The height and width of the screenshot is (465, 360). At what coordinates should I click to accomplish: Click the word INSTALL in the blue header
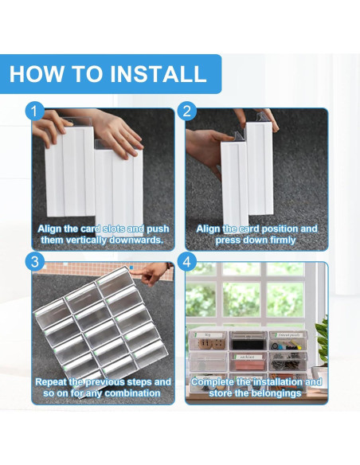pos(158,74)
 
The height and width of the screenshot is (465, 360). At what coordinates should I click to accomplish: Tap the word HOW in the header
pos(37,74)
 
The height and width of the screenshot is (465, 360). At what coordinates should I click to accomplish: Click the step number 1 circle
pos(35,111)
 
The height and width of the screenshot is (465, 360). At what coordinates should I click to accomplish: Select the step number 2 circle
pos(186,111)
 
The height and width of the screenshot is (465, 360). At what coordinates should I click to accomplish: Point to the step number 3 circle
pos(35,262)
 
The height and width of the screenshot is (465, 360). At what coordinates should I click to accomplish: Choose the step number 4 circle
pos(186,262)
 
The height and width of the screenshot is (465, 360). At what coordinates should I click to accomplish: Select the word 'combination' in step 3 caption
pos(132,393)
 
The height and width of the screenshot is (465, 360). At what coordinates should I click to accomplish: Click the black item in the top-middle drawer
pos(248,345)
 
